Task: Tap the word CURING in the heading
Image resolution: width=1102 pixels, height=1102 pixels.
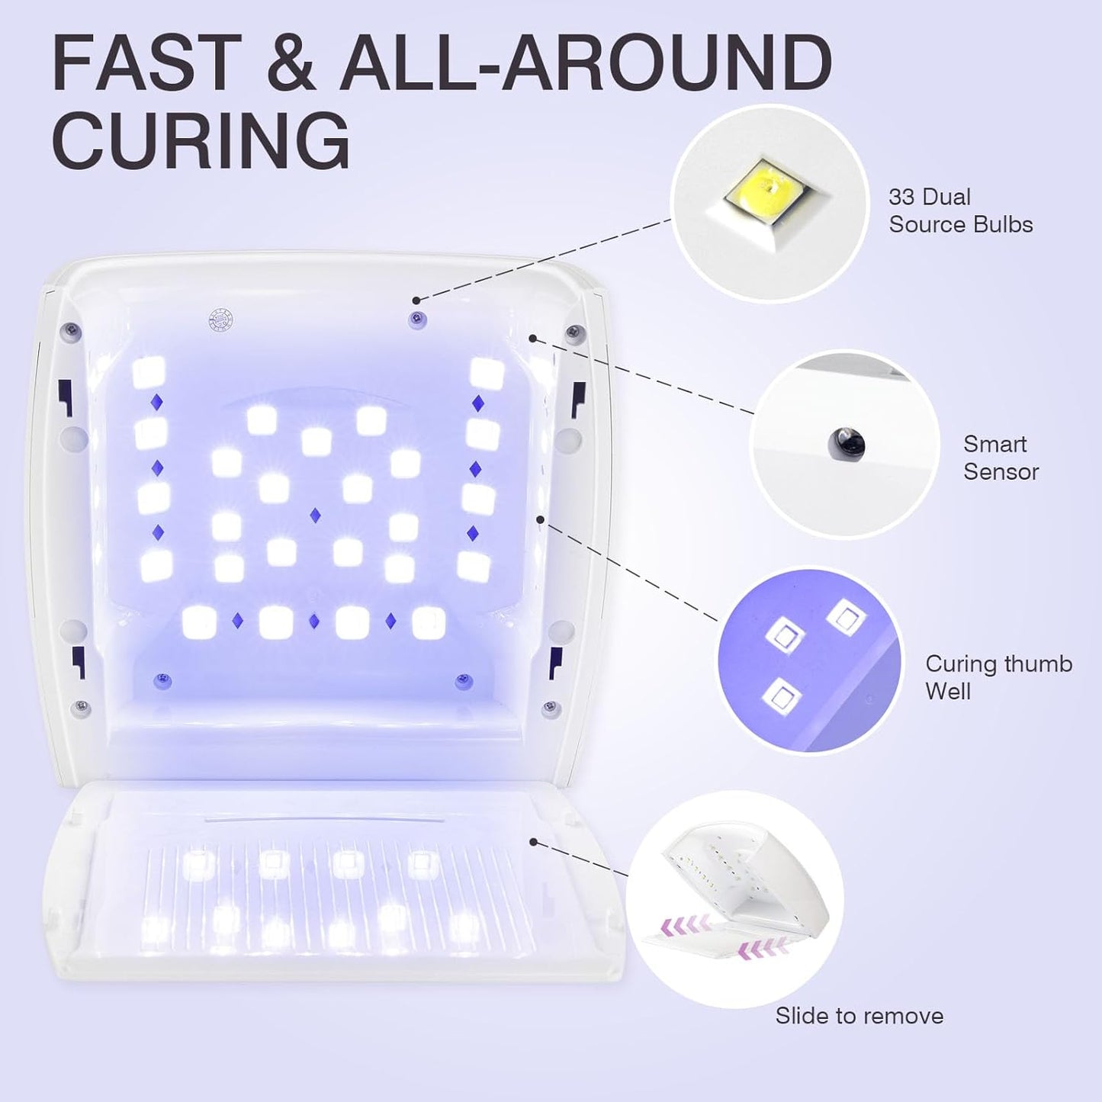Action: click(201, 141)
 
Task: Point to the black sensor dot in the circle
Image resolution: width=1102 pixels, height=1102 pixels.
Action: click(847, 442)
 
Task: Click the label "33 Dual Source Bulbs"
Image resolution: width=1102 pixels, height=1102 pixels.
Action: click(960, 210)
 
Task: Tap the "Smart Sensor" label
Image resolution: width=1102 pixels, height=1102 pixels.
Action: click(1001, 458)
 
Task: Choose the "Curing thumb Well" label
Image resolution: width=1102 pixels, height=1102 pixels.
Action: click(998, 677)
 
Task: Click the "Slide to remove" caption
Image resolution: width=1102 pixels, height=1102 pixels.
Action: click(859, 1016)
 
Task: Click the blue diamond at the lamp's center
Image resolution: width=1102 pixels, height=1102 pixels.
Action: click(315, 516)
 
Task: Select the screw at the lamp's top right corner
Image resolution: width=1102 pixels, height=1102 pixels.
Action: click(574, 332)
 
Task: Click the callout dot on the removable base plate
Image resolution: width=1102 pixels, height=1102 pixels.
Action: click(534, 842)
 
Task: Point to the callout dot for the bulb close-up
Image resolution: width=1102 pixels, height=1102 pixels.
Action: click(416, 300)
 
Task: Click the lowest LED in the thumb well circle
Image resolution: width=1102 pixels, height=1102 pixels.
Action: click(782, 696)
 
